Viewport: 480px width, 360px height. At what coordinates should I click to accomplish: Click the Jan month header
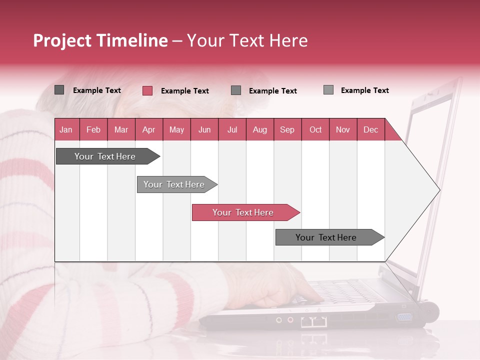point(66,129)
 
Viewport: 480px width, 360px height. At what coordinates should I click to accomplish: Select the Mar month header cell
point(121,129)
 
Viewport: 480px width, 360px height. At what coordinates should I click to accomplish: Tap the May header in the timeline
point(176,129)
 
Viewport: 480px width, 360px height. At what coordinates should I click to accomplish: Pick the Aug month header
point(259,129)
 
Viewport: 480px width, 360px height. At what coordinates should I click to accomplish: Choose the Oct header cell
point(315,129)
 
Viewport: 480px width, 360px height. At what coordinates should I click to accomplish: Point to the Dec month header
point(370,129)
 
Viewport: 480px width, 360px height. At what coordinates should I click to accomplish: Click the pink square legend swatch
point(147,90)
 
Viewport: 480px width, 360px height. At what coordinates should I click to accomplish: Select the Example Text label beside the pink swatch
point(184,91)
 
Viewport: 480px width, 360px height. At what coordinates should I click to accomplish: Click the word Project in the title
point(62,41)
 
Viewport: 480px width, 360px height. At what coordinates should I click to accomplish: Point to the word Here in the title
point(288,41)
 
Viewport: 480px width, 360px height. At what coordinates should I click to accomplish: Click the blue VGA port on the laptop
point(404,317)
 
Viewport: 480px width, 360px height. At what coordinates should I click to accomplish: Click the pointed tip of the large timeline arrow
point(438,190)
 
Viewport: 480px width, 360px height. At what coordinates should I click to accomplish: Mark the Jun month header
point(204,129)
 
